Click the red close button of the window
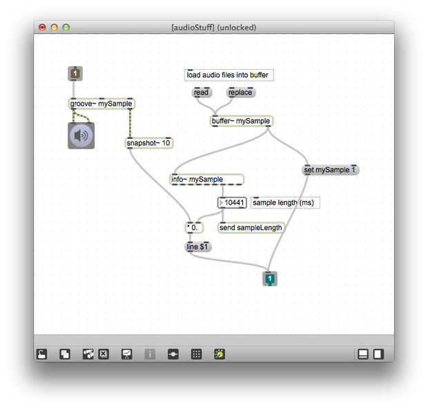click(x=42, y=28)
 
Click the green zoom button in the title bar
click(x=66, y=28)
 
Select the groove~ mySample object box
click(x=101, y=104)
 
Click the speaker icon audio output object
click(x=81, y=135)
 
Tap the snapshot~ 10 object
click(x=148, y=143)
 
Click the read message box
click(x=201, y=93)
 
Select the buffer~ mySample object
click(x=241, y=121)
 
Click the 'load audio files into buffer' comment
click(x=229, y=75)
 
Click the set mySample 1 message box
click(x=331, y=169)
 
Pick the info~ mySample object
click(x=206, y=180)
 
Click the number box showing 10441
click(x=233, y=202)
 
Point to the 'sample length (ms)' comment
click(x=284, y=202)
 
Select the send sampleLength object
click(x=251, y=227)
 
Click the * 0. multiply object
click(x=193, y=227)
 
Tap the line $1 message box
click(x=199, y=246)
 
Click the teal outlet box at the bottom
click(x=270, y=278)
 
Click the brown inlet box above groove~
click(x=75, y=73)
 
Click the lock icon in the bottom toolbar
click(x=42, y=354)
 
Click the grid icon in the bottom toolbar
click(x=196, y=354)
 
